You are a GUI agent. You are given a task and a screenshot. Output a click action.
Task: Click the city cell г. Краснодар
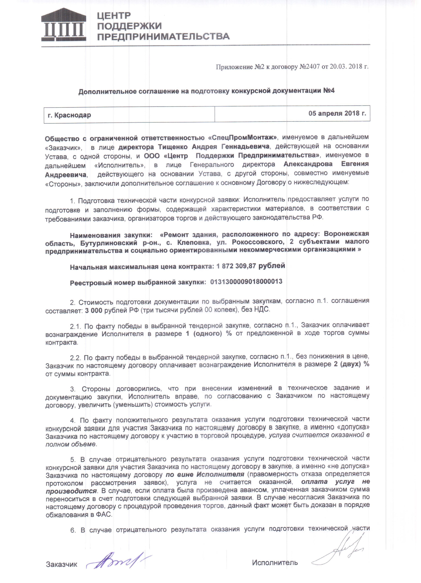point(69,115)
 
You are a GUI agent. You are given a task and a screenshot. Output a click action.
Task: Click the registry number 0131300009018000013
point(246,282)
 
